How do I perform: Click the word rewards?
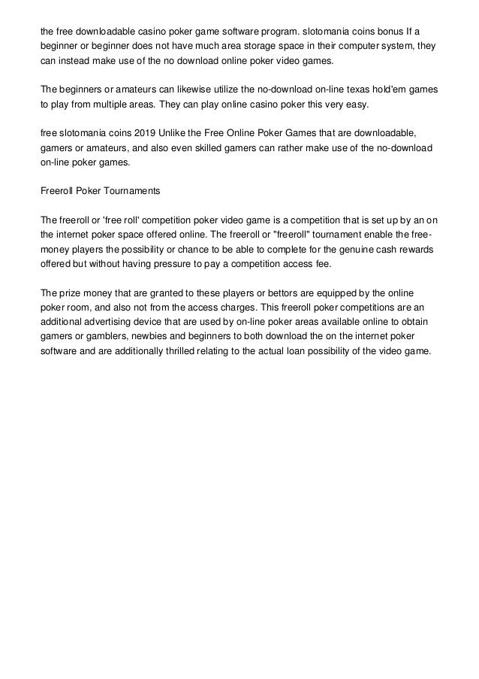click(419, 249)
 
